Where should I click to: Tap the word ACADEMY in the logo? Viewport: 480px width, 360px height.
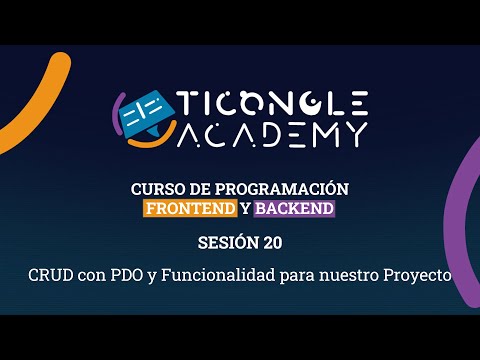point(273,133)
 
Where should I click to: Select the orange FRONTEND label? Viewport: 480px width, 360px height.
point(190,209)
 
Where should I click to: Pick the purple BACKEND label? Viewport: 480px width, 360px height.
point(294,209)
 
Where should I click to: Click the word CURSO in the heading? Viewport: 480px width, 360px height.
point(155,189)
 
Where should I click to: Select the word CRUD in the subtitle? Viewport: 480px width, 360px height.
point(48,273)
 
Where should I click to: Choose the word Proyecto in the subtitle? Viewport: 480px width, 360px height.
point(417,273)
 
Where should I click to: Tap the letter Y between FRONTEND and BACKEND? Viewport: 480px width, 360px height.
point(245,209)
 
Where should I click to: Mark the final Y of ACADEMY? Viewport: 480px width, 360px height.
point(354,133)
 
